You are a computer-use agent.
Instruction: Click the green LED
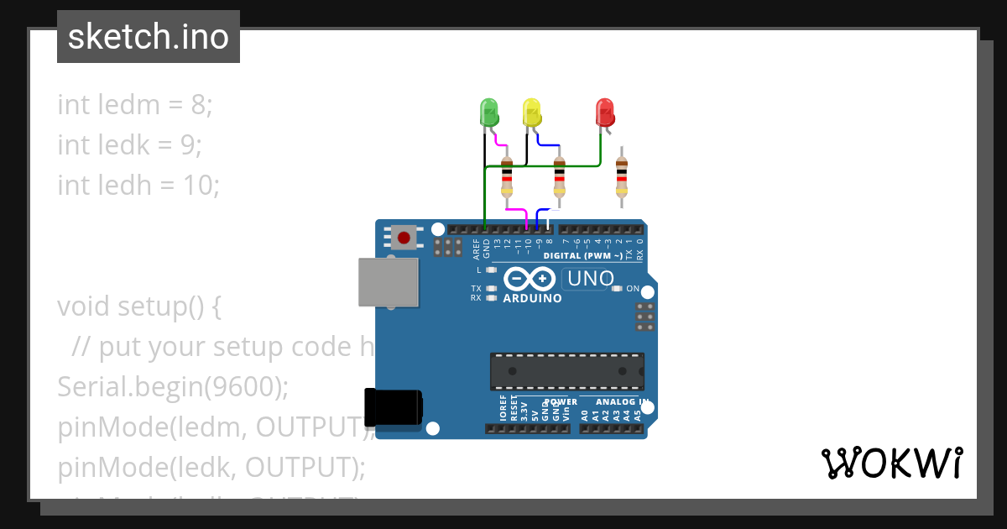(488, 112)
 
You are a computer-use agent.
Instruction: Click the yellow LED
(531, 112)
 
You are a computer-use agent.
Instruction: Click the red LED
(603, 112)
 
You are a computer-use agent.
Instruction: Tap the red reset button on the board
(404, 237)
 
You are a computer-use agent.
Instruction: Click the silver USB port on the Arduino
(388, 281)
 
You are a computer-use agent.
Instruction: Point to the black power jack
(393, 408)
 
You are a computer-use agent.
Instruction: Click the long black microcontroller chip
(567, 371)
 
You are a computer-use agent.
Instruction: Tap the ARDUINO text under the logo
(532, 298)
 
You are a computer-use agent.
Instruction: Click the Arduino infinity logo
(530, 278)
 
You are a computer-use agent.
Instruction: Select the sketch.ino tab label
(149, 37)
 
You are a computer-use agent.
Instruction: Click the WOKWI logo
(891, 463)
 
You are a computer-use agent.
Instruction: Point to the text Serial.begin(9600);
(173, 387)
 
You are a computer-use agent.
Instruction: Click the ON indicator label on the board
(633, 289)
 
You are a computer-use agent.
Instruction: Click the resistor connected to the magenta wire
(507, 178)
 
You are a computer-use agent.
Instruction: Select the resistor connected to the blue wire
(560, 178)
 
